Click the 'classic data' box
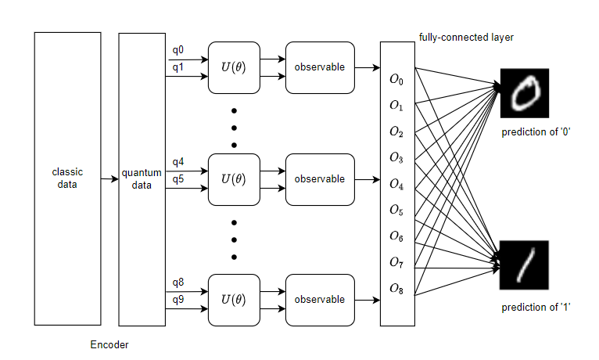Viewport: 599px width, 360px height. tap(67, 178)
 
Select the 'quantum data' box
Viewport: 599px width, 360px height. tap(142, 178)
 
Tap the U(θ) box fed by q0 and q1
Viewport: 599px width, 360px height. tap(233, 67)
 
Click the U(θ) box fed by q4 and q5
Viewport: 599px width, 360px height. tap(233, 179)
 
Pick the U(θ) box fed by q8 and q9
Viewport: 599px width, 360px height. tap(233, 299)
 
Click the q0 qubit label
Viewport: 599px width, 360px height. tap(178, 51)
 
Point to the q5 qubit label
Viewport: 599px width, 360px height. tap(178, 178)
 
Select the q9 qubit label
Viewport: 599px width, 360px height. tap(178, 298)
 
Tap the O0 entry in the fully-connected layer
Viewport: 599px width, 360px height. tap(396, 80)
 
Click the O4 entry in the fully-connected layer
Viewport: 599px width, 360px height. tap(396, 185)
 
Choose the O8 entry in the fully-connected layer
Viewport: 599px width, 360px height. tap(396, 289)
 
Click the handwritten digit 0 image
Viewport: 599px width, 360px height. tap(525, 93)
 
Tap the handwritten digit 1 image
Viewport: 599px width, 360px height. tap(525, 264)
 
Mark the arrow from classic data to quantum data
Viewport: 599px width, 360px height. tap(109, 179)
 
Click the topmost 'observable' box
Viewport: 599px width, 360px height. tap(319, 67)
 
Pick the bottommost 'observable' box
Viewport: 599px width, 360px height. tap(319, 299)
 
